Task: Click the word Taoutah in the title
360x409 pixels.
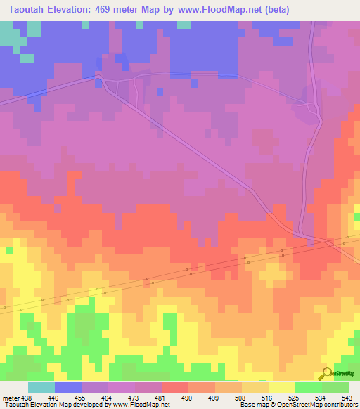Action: click(25, 8)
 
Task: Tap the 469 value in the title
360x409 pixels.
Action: click(112, 8)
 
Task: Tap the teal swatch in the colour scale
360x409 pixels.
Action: click(41, 387)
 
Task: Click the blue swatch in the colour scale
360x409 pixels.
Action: click(68, 387)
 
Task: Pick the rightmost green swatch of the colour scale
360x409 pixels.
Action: click(335, 387)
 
